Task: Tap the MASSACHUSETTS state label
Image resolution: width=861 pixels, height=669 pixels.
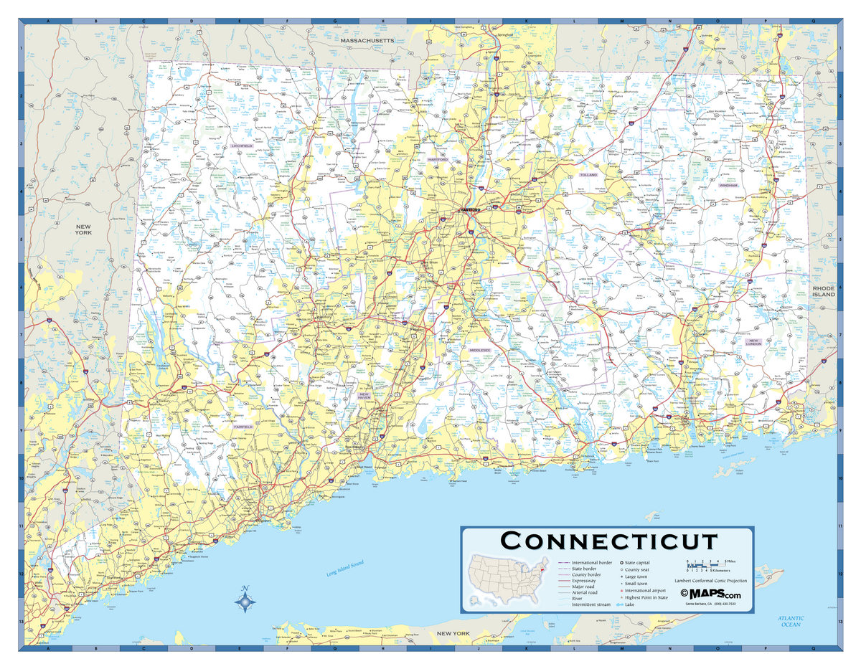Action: click(367, 41)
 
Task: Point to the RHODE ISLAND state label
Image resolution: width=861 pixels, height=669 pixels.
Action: click(824, 291)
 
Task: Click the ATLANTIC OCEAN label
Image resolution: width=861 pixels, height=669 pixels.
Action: click(790, 621)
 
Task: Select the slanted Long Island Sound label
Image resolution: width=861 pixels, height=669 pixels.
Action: click(345, 568)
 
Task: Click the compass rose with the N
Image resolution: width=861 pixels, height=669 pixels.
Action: click(245, 601)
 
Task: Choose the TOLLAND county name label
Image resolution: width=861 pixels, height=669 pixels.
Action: click(588, 174)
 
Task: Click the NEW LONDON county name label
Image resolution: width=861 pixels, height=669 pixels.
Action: click(753, 343)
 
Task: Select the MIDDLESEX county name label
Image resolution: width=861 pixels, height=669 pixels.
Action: click(479, 350)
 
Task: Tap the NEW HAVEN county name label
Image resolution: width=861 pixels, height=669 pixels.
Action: click(364, 397)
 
